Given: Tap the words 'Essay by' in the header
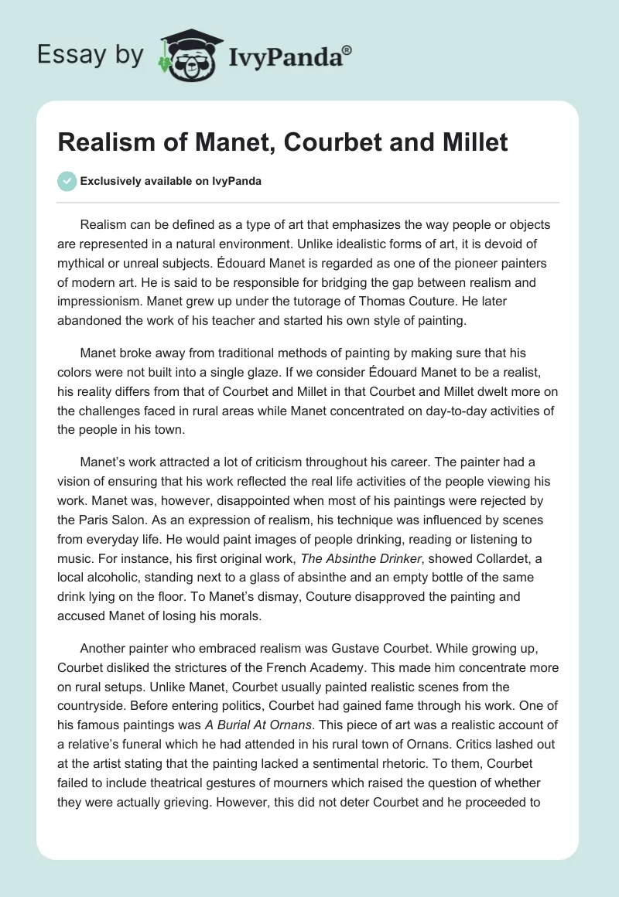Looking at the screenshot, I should point(91,55).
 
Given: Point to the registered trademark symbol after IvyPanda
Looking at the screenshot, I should point(347,51).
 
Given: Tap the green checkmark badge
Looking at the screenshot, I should point(67,182).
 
